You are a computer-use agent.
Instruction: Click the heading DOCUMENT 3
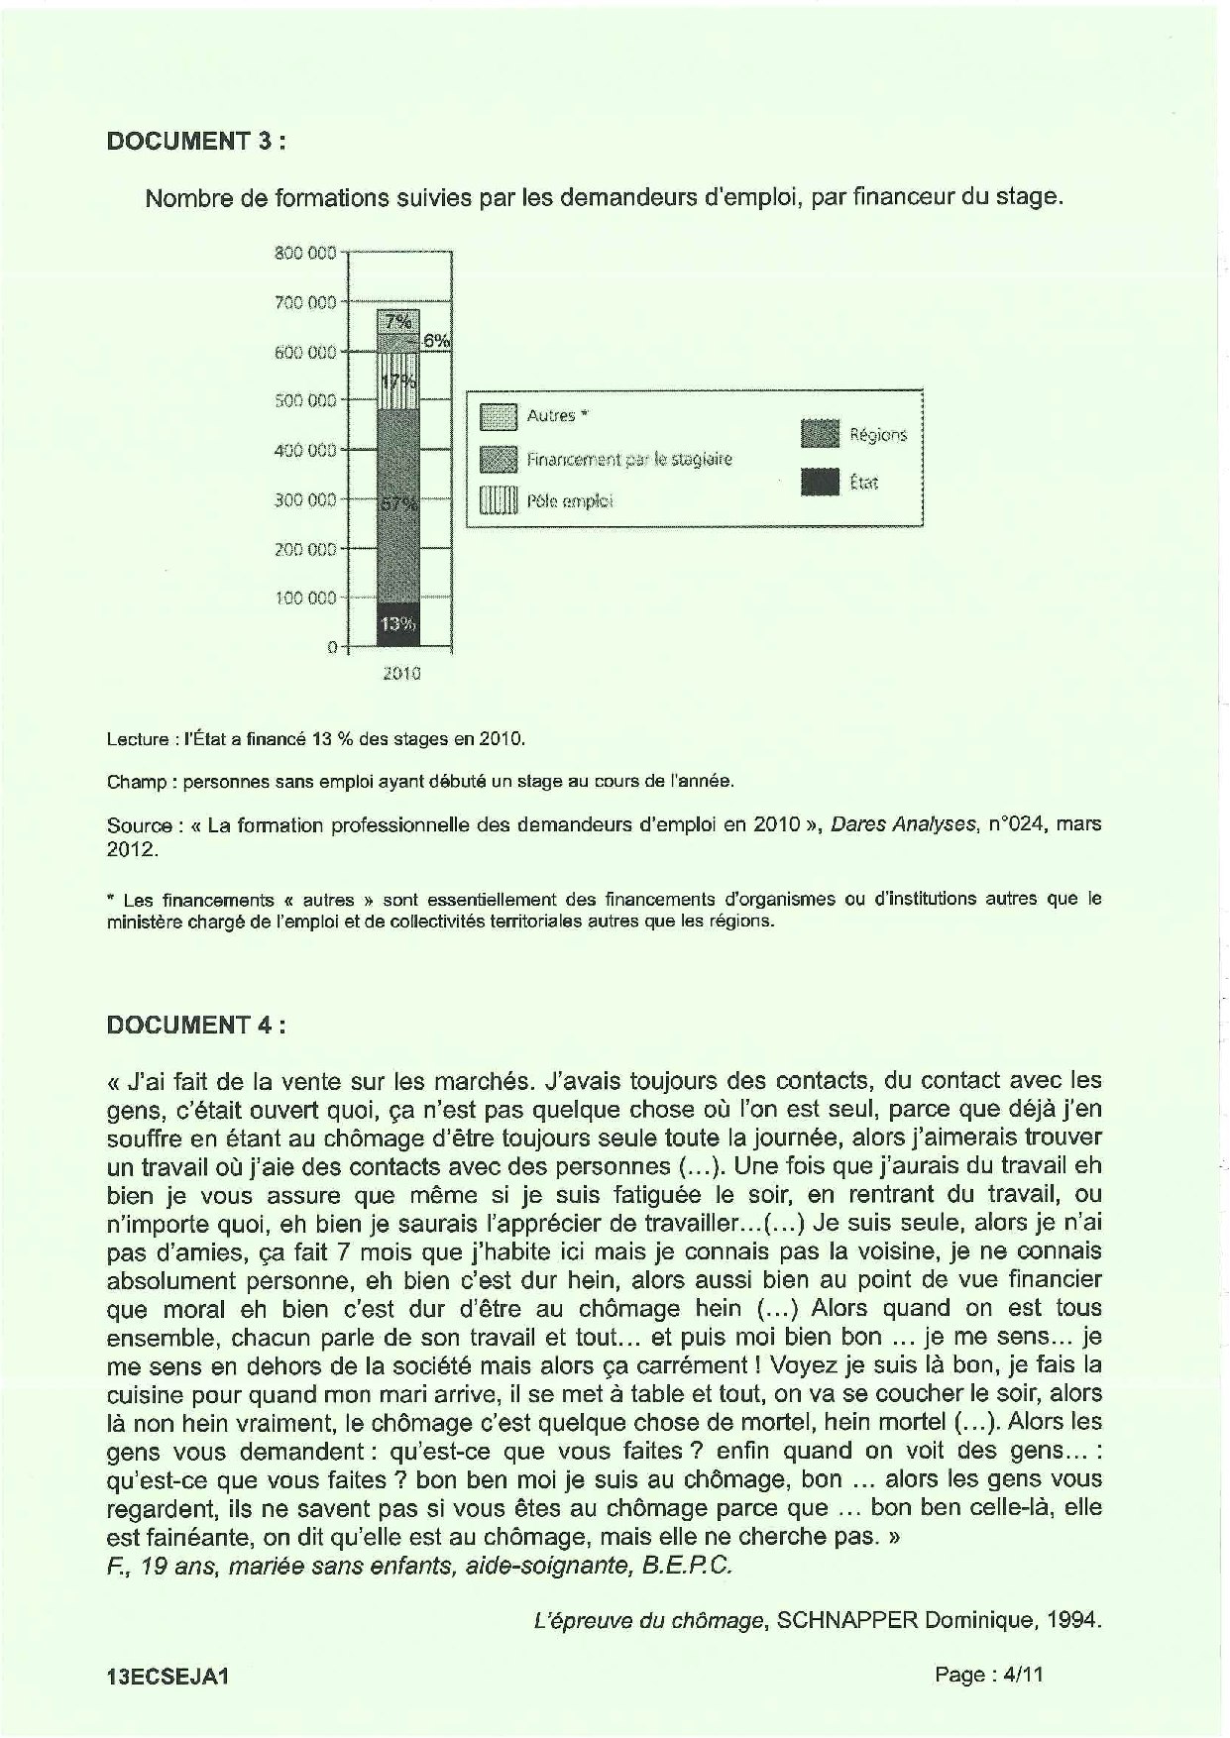(196, 141)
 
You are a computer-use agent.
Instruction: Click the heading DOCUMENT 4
(196, 1025)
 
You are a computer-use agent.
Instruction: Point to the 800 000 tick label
(305, 253)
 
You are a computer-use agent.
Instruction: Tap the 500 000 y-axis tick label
(305, 400)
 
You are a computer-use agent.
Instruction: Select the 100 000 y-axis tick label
(305, 597)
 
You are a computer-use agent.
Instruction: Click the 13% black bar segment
(398, 624)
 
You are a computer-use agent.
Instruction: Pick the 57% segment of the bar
(398, 503)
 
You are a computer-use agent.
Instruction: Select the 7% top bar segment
(398, 321)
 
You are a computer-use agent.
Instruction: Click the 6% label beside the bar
(436, 341)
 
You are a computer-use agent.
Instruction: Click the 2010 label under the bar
(400, 674)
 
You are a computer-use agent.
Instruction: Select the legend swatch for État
(820, 483)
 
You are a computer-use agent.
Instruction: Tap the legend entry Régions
(877, 435)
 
